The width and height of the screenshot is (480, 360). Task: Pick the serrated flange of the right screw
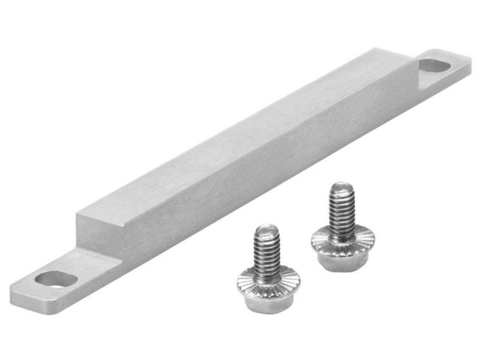point(343,239)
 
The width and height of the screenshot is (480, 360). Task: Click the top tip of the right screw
point(341,185)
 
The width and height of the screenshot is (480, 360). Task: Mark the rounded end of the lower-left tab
point(18,291)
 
